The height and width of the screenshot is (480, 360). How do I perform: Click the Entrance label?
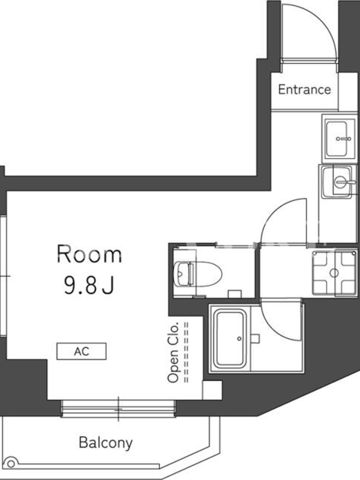point(304,89)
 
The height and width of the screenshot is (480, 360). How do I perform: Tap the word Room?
point(89,254)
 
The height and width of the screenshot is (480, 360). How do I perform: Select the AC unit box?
point(82,351)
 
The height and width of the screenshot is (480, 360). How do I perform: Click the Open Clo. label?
point(173,352)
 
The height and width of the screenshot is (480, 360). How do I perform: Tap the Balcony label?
point(106,443)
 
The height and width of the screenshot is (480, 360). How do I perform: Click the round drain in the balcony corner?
point(11,463)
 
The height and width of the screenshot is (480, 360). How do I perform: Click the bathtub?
point(230,338)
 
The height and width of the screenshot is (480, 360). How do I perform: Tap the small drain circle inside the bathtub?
point(239,338)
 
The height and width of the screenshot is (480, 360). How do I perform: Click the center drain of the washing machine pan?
point(335,272)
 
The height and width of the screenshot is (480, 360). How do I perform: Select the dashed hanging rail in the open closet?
point(186,352)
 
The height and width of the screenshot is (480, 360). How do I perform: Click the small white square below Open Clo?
point(212,390)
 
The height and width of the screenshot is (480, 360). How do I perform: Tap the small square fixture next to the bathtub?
point(255,338)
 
